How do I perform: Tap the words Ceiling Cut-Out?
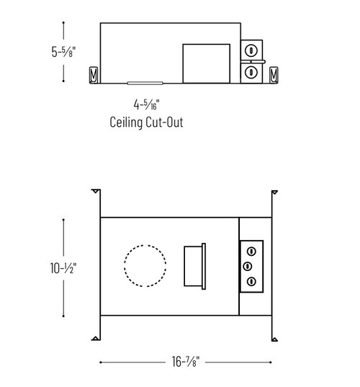point(147,123)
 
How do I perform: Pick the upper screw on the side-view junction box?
point(251,51)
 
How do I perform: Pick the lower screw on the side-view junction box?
point(251,73)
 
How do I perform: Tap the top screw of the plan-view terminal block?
point(252,250)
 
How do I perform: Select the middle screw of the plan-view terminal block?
point(252,266)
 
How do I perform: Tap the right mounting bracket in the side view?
point(273,74)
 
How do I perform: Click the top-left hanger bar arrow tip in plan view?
point(96,192)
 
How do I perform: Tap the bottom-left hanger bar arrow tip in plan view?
point(96,339)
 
